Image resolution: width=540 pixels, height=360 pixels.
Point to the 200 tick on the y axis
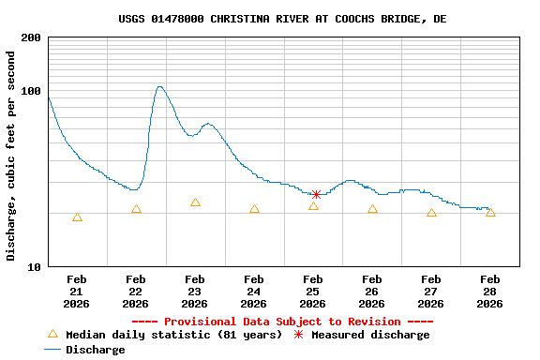pos(31,37)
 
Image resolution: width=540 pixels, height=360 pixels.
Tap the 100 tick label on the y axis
pos(31,91)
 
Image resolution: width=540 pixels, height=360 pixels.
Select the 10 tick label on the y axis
pos(34,267)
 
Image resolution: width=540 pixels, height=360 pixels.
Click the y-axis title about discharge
pos(11,156)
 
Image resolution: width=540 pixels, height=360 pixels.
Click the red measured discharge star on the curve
pos(316,195)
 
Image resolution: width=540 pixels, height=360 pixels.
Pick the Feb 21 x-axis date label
pos(77,292)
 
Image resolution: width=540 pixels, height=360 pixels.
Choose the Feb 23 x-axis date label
pos(195,292)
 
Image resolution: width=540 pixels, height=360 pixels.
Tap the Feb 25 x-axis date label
pos(313,292)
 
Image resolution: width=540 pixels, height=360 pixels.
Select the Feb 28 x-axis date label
pos(490,292)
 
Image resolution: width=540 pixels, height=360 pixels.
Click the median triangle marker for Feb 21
pos(77,217)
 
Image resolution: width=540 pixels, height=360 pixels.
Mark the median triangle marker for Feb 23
pos(195,202)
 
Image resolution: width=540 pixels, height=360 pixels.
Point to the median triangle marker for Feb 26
pos(372,209)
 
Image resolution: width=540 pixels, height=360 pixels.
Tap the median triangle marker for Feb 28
pos(490,213)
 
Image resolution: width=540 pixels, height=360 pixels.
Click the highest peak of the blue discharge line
pos(159,86)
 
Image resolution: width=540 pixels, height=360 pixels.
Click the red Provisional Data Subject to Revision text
pos(282,322)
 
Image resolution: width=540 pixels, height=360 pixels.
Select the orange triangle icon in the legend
pos(52,334)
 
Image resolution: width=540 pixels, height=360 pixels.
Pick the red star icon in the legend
pos(299,335)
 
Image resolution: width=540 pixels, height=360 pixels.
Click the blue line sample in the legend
pos(52,350)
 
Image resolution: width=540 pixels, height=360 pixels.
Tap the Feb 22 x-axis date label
pos(136,292)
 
